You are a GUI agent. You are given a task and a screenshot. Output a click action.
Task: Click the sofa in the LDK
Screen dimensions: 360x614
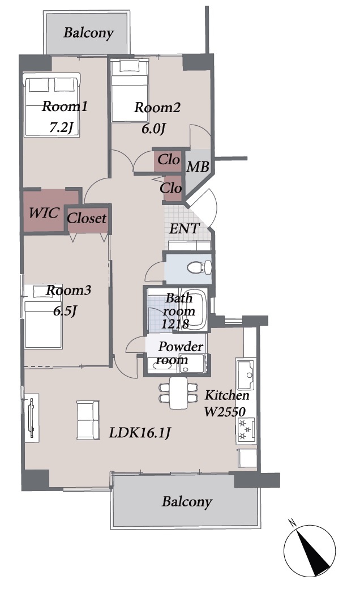[88, 420]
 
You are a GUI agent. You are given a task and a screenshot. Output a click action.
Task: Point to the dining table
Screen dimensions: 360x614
[178, 393]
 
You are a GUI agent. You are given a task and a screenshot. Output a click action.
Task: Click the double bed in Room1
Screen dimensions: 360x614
[52, 105]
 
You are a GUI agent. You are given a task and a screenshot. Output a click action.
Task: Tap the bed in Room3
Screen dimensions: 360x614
[43, 317]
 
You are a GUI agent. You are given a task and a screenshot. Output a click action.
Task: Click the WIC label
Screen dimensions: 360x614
[44, 213]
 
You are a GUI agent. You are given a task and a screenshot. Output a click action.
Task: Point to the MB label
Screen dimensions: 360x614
[198, 167]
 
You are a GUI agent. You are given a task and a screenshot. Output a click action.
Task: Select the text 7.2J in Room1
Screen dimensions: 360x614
[61, 127]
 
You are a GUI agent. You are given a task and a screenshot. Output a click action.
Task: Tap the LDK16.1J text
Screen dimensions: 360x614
[139, 433]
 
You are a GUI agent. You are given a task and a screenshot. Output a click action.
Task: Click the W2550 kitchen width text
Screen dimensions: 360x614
[225, 412]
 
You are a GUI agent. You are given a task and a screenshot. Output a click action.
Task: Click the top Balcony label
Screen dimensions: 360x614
[88, 33]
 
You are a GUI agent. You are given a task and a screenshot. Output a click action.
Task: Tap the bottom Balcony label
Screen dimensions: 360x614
[187, 502]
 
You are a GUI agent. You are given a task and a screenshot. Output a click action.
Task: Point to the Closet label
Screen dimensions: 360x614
[87, 218]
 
